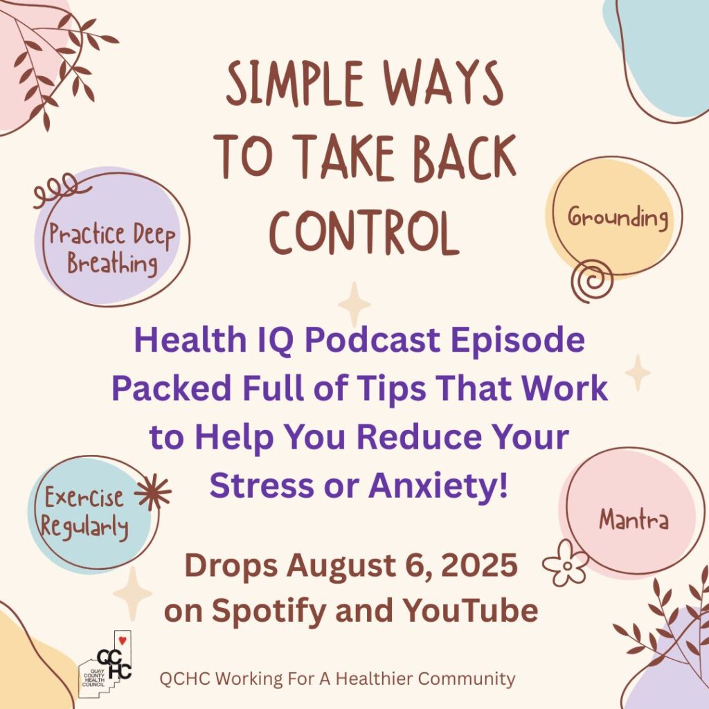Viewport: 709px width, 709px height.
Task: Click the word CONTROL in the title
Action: click(x=364, y=233)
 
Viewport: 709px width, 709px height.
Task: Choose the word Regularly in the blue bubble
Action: click(x=84, y=527)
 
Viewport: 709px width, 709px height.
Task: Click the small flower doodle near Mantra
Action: click(x=565, y=563)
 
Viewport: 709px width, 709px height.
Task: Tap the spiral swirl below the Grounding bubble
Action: click(x=592, y=281)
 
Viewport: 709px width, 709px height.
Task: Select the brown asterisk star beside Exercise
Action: click(x=153, y=492)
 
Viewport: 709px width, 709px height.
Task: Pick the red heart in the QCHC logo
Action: click(x=122, y=640)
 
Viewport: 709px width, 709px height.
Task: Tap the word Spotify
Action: click(x=269, y=611)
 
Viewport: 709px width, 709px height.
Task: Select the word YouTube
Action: click(x=470, y=610)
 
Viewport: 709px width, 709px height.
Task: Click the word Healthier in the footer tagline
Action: click(x=375, y=679)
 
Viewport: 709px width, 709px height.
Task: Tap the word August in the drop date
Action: click(x=342, y=567)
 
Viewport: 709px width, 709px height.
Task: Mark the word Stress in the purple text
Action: click(x=262, y=485)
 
